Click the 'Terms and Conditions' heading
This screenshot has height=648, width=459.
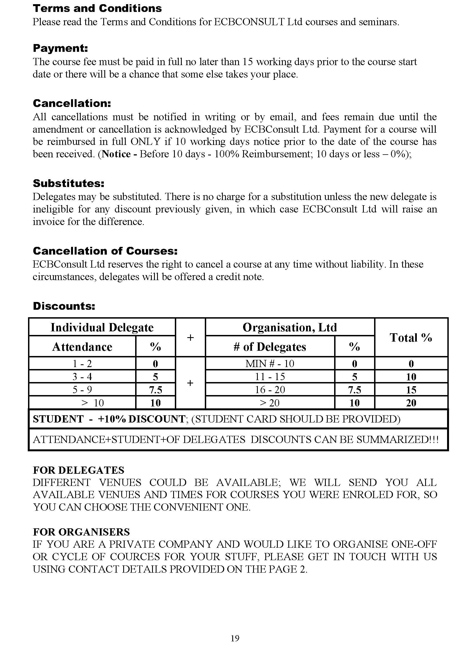(x=97, y=9)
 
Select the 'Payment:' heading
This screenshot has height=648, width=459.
(x=60, y=48)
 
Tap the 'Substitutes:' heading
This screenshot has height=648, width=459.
(x=68, y=183)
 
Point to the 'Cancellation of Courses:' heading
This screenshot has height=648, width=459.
(x=105, y=251)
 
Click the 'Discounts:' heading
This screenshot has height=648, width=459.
(x=64, y=306)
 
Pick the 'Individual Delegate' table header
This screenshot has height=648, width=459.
(x=102, y=327)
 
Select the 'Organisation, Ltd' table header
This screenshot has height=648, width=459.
(x=290, y=327)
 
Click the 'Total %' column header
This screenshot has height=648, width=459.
(x=411, y=337)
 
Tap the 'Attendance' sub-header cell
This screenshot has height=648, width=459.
(x=82, y=347)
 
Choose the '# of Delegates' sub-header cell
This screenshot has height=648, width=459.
(x=270, y=347)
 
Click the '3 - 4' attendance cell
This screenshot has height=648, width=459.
(x=82, y=376)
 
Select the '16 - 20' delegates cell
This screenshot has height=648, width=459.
(x=270, y=390)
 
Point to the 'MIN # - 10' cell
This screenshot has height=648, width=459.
(x=270, y=363)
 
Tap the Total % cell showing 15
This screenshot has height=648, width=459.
(x=411, y=390)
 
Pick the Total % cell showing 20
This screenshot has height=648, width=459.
(x=411, y=403)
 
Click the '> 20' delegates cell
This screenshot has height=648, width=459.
(x=270, y=403)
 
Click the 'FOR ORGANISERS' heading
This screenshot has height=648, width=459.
(x=81, y=532)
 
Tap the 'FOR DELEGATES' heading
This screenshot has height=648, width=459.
(x=79, y=470)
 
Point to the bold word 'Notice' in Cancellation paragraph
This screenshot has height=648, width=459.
(x=116, y=154)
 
